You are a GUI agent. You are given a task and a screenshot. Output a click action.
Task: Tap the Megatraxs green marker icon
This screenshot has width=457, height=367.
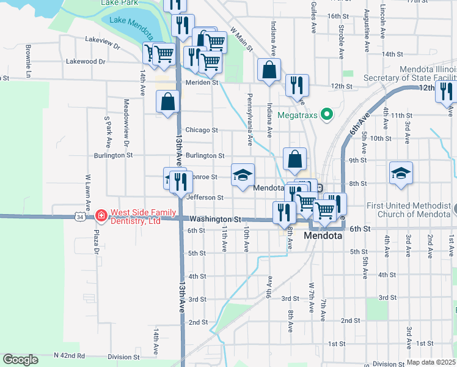[x=327, y=114]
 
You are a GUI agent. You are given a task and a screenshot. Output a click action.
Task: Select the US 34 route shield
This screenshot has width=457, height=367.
[x=80, y=217]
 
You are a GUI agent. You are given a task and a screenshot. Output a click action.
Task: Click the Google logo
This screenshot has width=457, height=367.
[x=20, y=360]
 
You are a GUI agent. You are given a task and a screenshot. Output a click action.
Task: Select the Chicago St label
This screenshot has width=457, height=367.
[x=201, y=130]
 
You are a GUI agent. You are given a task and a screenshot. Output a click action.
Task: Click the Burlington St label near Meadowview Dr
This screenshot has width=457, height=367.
[x=113, y=155]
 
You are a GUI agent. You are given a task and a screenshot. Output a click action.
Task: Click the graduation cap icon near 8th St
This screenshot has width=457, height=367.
[x=401, y=172]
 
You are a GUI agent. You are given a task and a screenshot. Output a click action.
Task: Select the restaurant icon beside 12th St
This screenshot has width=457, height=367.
[x=297, y=86]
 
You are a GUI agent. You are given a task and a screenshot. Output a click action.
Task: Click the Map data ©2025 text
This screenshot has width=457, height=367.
[x=431, y=362]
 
